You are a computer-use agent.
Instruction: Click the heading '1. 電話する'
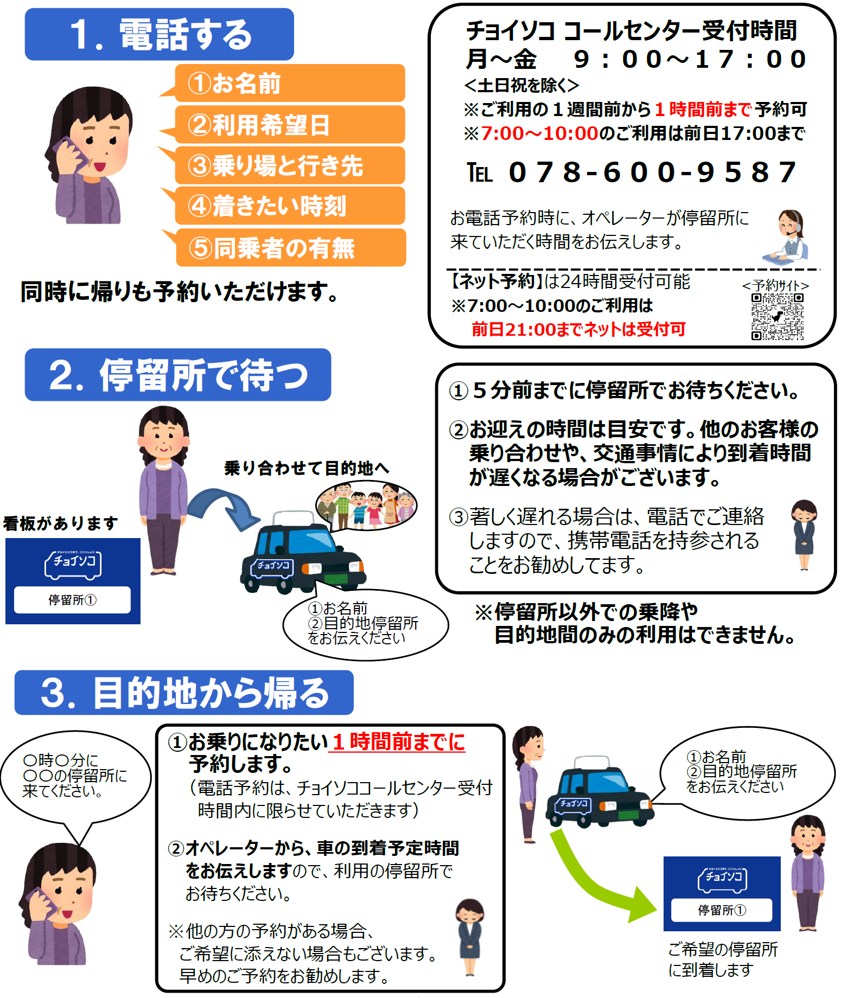(x=160, y=34)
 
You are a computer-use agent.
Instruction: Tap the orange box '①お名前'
(x=290, y=83)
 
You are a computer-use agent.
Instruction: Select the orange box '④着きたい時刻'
(x=290, y=206)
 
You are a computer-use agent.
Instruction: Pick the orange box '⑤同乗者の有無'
(x=291, y=248)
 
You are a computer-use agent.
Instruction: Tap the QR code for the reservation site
(x=777, y=317)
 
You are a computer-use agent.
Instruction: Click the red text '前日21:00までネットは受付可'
(x=578, y=329)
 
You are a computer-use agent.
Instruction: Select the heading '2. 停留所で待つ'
(x=178, y=375)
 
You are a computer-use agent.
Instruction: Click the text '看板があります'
(x=61, y=523)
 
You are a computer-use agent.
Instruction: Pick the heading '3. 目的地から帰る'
(x=184, y=693)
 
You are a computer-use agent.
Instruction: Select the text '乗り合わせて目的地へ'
(x=307, y=468)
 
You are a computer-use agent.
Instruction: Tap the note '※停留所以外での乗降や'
(x=586, y=612)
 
